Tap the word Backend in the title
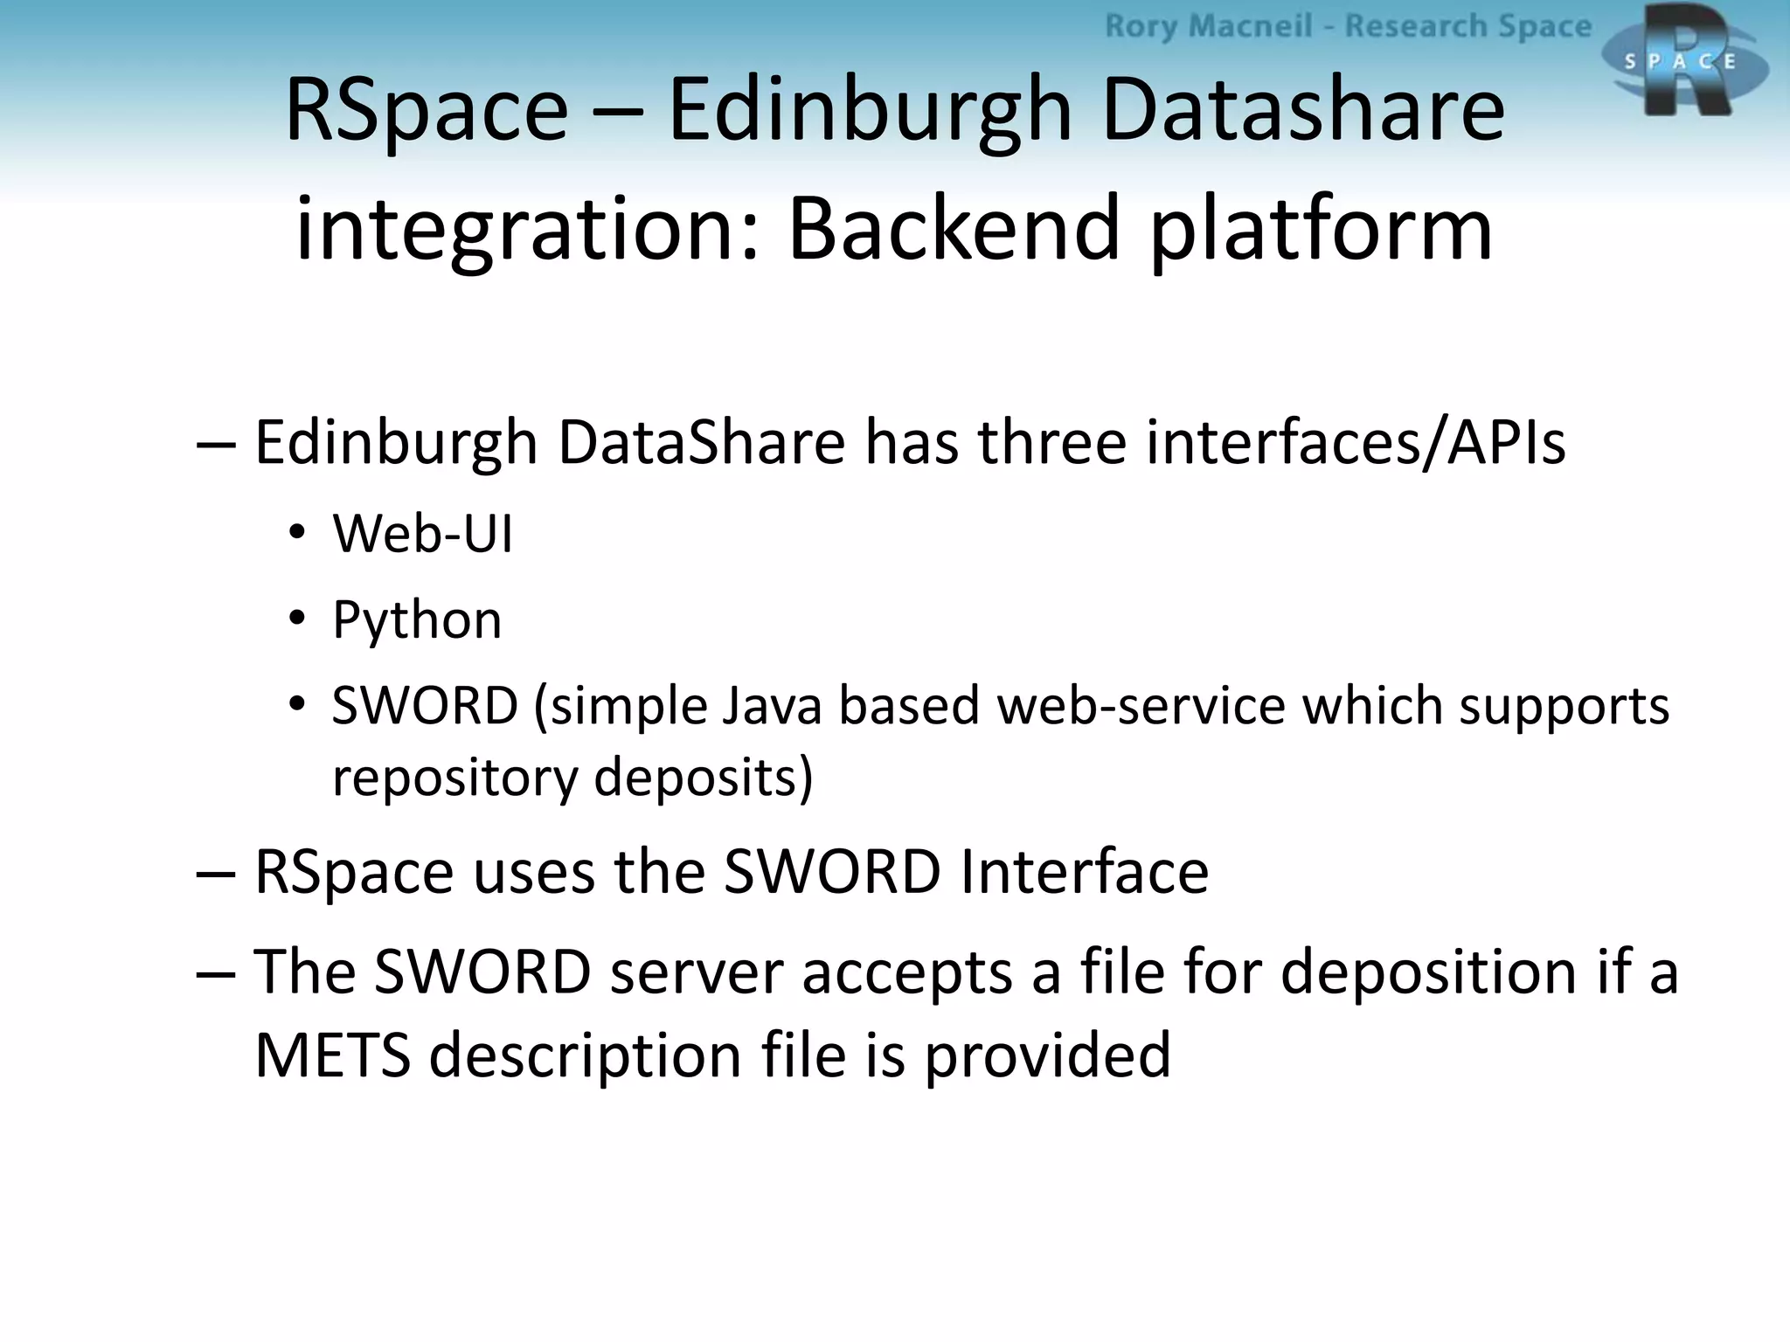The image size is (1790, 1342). (x=954, y=230)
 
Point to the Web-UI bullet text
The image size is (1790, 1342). (x=423, y=533)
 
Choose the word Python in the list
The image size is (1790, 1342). (x=417, y=620)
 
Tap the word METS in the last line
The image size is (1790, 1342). (x=332, y=1055)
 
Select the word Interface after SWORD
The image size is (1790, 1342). (x=1084, y=872)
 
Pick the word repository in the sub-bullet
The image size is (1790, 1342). (x=454, y=777)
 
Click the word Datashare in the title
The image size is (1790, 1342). (x=1303, y=111)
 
